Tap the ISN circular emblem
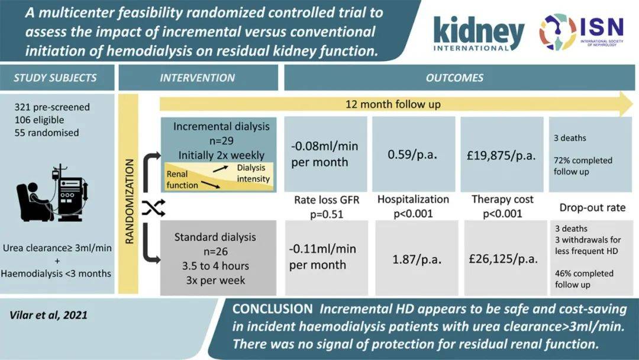(557, 32)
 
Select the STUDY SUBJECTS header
(56, 78)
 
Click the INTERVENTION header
(198, 78)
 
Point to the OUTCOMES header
(454, 78)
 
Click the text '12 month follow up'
(393, 104)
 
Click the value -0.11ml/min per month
(325, 256)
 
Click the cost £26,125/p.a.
(504, 259)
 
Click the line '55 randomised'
(47, 133)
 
